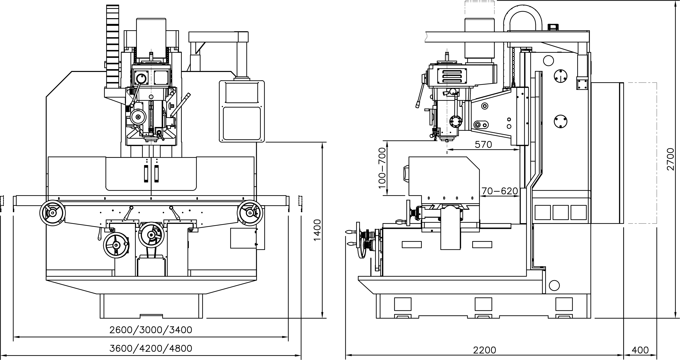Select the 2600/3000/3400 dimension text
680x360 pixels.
(x=151, y=330)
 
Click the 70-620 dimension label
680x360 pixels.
(x=500, y=191)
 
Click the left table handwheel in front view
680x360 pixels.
(x=53, y=213)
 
